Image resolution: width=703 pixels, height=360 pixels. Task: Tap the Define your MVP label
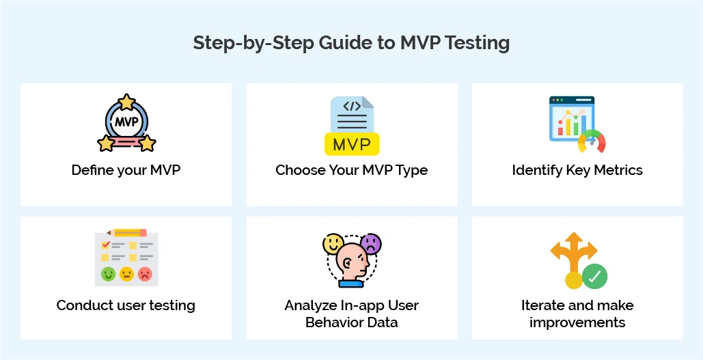tap(126, 170)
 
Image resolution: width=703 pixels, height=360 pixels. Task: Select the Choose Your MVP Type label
tap(351, 170)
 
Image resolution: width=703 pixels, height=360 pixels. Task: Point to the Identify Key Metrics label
tap(577, 170)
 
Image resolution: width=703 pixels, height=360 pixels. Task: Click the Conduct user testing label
tap(126, 305)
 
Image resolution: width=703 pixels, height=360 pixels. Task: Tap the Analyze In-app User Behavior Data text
tap(351, 314)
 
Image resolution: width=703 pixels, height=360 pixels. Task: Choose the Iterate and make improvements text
tap(577, 314)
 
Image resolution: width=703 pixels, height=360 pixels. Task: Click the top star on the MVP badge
tap(126, 102)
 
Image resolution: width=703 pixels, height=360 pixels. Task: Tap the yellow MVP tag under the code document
tap(351, 144)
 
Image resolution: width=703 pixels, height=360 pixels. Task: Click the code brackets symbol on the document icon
tap(352, 107)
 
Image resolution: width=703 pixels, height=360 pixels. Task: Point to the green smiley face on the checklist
tap(108, 274)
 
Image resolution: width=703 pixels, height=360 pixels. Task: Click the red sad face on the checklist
tap(145, 274)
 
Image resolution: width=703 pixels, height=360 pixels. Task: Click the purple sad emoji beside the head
tap(371, 243)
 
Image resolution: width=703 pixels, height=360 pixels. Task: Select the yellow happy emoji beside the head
tap(333, 243)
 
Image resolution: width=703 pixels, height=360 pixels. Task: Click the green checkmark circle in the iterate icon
tap(594, 277)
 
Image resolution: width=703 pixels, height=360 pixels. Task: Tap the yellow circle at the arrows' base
tap(573, 279)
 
